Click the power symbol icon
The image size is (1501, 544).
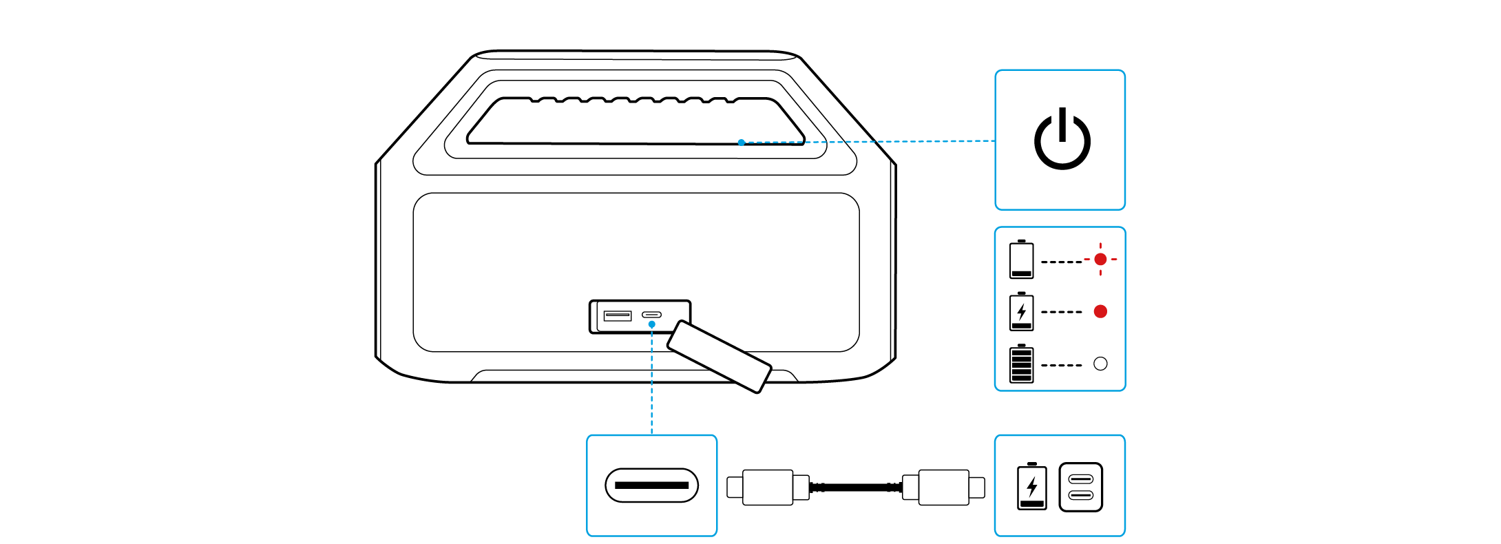pos(1062,140)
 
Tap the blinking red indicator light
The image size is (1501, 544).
pos(1100,259)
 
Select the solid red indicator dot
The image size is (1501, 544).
pos(1100,311)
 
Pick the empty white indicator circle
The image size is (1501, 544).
pos(1100,364)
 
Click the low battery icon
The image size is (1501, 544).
pos(1021,260)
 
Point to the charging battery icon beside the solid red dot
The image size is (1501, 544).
pos(1021,311)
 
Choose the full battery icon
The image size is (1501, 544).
pos(1021,364)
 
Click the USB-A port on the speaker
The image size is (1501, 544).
pos(617,315)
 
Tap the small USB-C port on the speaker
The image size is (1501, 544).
pos(651,315)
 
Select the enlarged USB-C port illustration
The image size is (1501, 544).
pos(651,485)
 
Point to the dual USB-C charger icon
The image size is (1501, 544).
pos(1080,487)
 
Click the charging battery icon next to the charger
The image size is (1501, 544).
pos(1031,487)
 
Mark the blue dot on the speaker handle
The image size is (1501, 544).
pos(741,143)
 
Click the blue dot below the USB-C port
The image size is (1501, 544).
pos(651,324)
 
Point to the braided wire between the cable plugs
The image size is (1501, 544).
pos(855,487)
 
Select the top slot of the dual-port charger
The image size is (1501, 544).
pos(1080,479)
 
